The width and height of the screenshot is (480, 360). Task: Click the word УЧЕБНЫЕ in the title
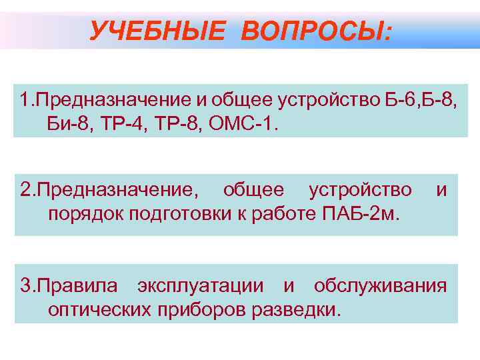(158, 30)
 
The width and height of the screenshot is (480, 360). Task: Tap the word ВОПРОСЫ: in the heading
(316, 30)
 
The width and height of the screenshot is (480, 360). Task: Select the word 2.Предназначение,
(109, 191)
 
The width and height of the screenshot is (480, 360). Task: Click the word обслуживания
(379, 286)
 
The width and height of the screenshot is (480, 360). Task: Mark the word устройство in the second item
(360, 191)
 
